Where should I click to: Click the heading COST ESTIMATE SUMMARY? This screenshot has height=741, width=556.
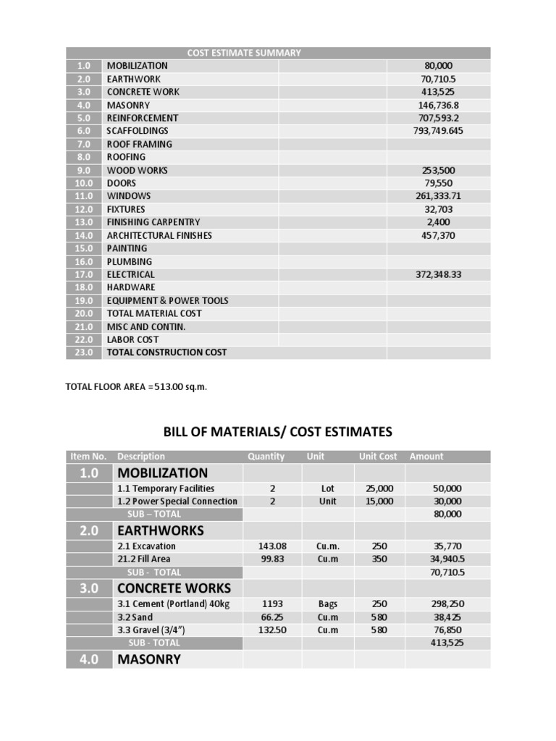(x=244, y=53)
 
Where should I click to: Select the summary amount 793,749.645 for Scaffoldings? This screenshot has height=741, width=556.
(x=438, y=131)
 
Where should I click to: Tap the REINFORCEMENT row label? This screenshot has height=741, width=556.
(x=143, y=118)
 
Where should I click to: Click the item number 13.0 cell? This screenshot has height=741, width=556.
(x=84, y=222)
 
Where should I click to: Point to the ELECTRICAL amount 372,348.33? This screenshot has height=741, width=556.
(x=438, y=274)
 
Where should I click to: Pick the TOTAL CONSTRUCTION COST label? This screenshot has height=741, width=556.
(x=167, y=352)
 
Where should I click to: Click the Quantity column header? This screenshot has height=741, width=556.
(x=266, y=457)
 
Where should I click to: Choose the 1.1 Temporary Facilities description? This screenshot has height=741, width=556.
(x=166, y=488)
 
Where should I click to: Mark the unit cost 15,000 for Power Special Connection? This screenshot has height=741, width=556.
(x=378, y=501)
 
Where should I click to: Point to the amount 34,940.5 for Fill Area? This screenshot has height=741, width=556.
(x=442, y=559)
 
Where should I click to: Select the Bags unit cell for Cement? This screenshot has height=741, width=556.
(x=327, y=604)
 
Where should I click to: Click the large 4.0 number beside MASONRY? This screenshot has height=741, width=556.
(x=89, y=659)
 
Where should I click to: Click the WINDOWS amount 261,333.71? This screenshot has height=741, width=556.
(x=438, y=196)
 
